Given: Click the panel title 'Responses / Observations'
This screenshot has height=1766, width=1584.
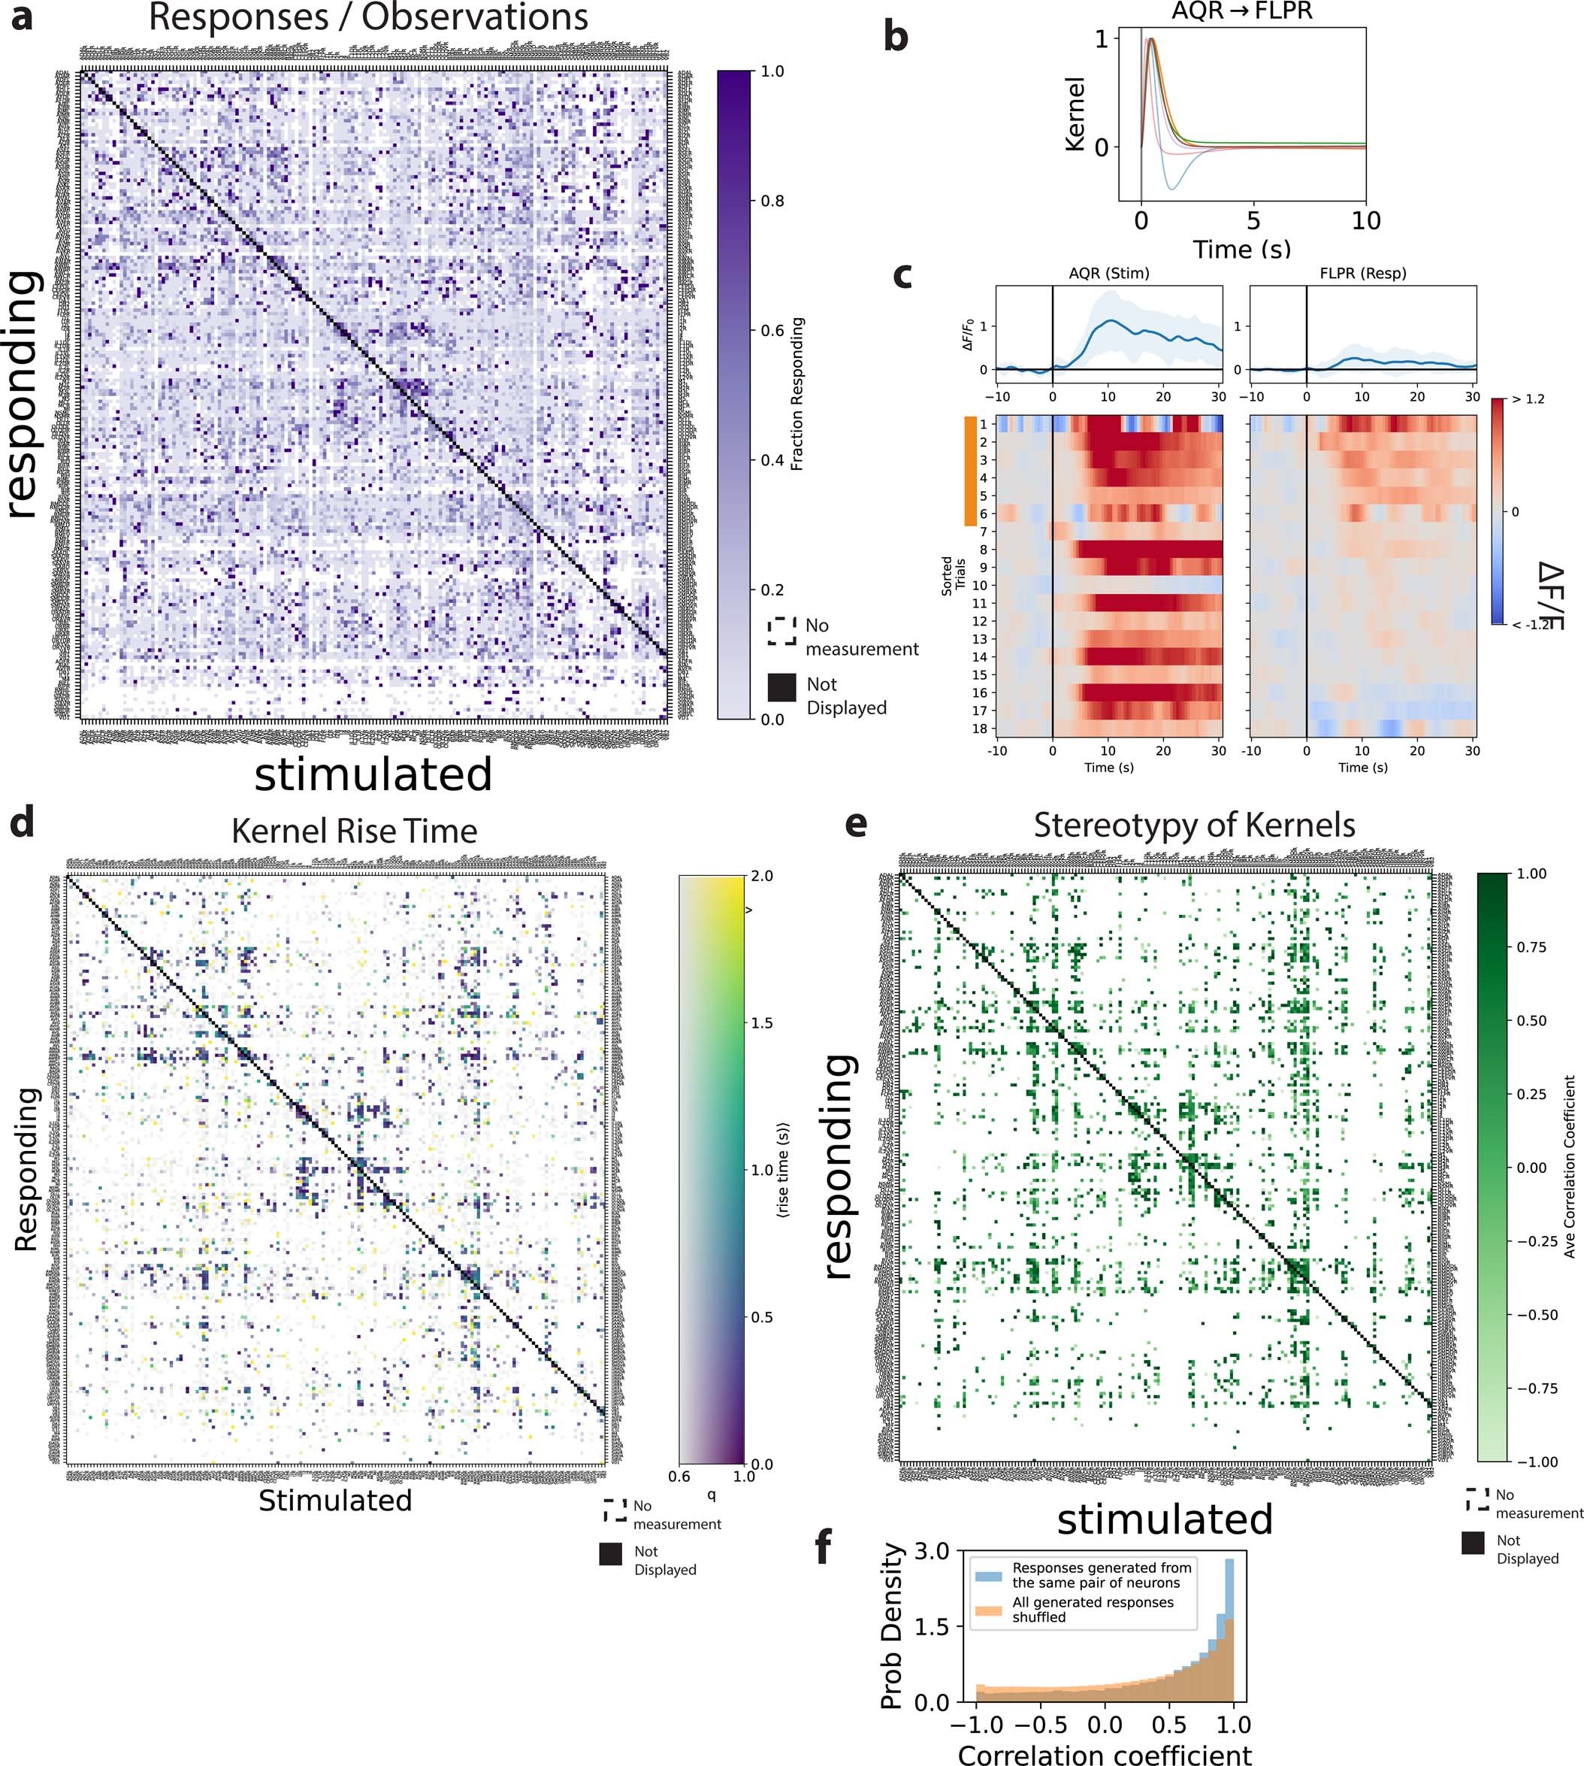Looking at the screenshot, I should [x=368, y=17].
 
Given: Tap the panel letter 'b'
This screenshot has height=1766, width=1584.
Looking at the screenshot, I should [x=896, y=38].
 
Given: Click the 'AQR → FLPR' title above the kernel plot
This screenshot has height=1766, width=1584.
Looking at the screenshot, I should [x=1241, y=12].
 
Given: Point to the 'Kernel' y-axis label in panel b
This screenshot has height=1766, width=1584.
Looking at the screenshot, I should [x=1076, y=114].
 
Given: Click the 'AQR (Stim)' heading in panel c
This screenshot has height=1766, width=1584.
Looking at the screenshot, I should [x=1109, y=274].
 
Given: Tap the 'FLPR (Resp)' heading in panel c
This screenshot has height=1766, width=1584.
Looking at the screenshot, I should [x=1362, y=274].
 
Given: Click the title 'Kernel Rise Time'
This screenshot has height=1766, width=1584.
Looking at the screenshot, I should [x=354, y=831].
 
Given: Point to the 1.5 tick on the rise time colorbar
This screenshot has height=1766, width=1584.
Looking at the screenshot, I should [x=761, y=1023].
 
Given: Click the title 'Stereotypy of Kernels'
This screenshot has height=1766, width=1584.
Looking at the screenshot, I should [x=1194, y=825].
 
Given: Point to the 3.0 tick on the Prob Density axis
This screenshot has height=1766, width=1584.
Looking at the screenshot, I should [x=932, y=1551].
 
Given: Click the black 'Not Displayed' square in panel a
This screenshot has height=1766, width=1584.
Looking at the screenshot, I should [x=781, y=688].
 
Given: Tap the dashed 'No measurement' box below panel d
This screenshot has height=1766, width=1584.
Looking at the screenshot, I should [x=615, y=1511].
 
